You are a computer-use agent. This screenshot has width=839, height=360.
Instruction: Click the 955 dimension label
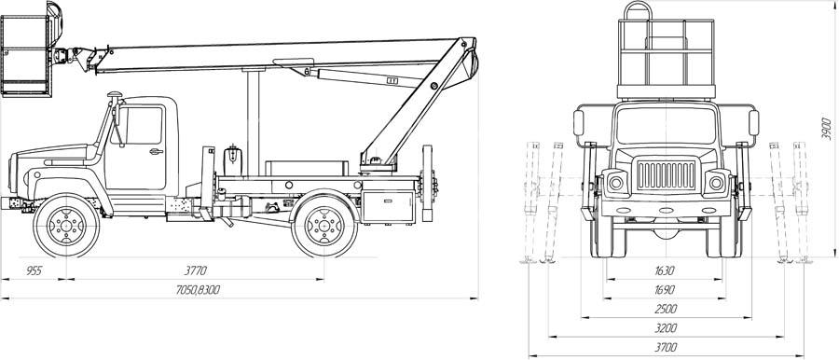click(34, 270)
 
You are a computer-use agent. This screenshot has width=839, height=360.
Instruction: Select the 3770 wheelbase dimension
click(195, 270)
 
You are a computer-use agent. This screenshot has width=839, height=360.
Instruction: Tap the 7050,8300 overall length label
click(198, 290)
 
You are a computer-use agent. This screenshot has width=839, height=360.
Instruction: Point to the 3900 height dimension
click(826, 129)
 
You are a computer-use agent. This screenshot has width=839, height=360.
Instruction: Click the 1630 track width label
click(665, 270)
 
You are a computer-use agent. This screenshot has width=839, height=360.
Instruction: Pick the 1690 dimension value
click(665, 290)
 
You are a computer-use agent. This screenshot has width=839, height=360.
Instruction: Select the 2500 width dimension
click(666, 309)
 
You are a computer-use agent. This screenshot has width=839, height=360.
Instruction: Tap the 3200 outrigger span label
click(666, 328)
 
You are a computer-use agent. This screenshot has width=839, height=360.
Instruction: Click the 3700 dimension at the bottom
click(666, 347)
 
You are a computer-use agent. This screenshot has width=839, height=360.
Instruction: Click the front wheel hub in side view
click(66, 225)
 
